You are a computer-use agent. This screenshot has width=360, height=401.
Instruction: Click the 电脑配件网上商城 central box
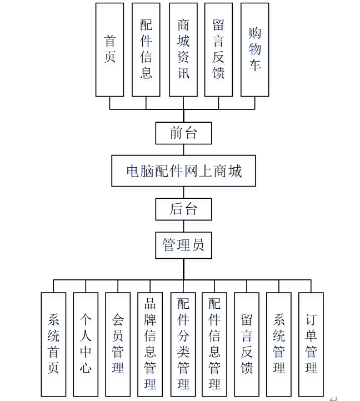pos(183,171)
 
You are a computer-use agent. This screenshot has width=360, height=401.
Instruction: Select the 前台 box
pos(183,133)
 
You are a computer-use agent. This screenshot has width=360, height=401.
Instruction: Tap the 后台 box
pos(183,209)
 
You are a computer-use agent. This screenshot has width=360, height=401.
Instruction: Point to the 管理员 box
pos(183,245)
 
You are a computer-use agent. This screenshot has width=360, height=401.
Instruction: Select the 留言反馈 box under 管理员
pos(247,344)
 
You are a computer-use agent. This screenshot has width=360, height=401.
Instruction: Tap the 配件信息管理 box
pos(214,344)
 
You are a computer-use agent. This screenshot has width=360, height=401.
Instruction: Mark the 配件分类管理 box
pos(183,344)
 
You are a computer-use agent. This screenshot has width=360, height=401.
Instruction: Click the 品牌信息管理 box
pos(150,344)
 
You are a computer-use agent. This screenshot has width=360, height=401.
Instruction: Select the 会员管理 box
pos(118,344)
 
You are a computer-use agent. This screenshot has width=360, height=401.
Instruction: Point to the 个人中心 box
pos(86,344)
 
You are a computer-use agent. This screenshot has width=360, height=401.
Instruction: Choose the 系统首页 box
pos(53,344)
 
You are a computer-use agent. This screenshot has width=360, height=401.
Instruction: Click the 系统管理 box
pos(279,344)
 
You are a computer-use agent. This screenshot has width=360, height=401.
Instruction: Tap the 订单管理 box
pos(311,344)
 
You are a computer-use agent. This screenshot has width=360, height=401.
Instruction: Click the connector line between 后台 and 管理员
pos(183,227)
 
